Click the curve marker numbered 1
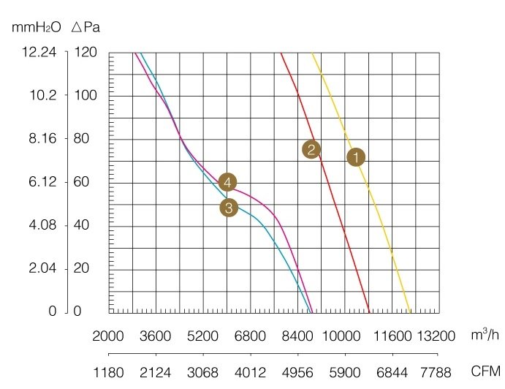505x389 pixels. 356,157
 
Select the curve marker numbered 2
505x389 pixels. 311,149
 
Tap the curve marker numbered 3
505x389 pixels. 229,208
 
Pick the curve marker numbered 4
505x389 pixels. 228,182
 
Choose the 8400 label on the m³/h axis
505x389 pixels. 297,336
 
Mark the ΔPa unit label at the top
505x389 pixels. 86,29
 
